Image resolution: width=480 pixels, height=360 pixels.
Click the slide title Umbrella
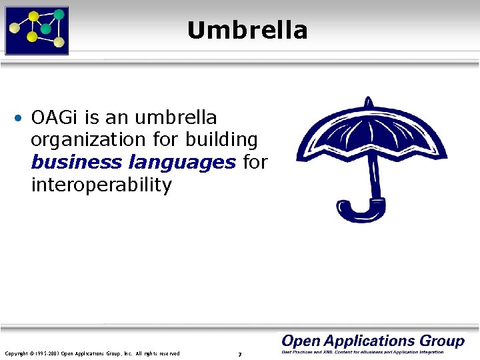[x=247, y=31]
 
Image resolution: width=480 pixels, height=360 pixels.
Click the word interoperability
[x=101, y=185]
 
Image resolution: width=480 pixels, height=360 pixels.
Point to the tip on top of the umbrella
[x=367, y=102]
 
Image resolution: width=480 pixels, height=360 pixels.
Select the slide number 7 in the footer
[x=239, y=354]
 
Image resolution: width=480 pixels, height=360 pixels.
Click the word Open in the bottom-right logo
[x=303, y=341]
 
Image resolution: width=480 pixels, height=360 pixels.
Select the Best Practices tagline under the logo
[x=363, y=352]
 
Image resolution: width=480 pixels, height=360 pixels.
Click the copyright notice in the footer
[x=92, y=353]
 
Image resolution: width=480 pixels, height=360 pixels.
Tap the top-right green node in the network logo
[x=59, y=14]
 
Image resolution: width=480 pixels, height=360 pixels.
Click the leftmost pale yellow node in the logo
[x=13, y=29]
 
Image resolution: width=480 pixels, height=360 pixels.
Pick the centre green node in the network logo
[x=45, y=29]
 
